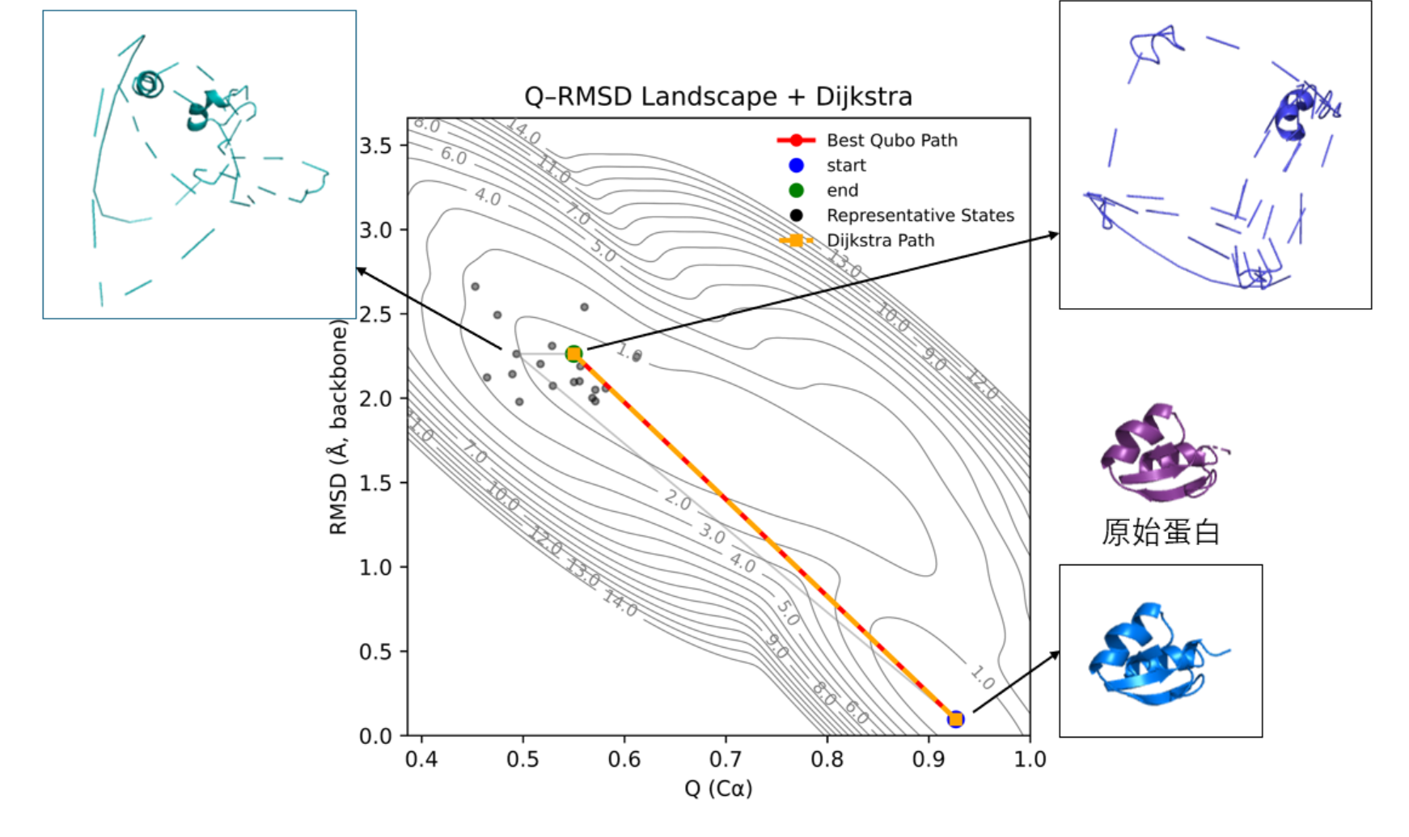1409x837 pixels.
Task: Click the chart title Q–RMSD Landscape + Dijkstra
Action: pos(718,96)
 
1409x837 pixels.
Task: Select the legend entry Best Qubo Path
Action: pos(891,140)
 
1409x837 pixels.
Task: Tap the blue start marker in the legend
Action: pos(796,165)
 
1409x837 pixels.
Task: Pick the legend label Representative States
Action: pos(920,215)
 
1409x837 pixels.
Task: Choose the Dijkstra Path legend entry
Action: pos(880,240)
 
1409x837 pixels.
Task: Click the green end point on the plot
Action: pos(573,353)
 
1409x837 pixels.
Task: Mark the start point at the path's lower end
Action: pos(955,719)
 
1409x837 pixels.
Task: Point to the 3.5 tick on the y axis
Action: pos(375,146)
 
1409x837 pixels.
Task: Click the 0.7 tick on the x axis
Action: pos(726,759)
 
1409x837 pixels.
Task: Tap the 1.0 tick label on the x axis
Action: pos(1030,759)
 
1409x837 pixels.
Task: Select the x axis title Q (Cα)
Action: pos(718,788)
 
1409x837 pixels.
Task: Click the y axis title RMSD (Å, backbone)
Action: pos(338,427)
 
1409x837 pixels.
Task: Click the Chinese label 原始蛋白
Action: pos(1160,532)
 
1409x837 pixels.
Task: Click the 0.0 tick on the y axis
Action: pos(375,735)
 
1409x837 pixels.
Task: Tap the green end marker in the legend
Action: pos(796,190)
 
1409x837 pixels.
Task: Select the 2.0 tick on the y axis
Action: pos(375,398)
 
